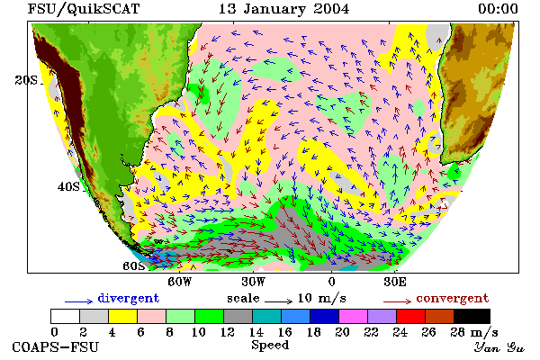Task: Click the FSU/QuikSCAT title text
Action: [84, 9]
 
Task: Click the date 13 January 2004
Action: [283, 9]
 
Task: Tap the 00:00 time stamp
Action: [498, 9]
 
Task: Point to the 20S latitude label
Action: [26, 80]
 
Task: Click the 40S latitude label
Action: [68, 186]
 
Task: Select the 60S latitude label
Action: [134, 266]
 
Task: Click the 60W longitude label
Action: [179, 282]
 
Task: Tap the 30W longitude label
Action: [254, 282]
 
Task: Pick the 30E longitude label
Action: [395, 282]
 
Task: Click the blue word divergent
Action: [128, 298]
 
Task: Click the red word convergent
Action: [452, 298]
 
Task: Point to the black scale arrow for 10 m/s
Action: [279, 301]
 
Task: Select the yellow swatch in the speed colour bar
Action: [122, 316]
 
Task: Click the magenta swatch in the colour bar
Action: [354, 316]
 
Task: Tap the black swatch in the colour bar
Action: [472, 316]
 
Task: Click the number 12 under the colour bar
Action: [228, 332]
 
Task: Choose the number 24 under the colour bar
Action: [400, 332]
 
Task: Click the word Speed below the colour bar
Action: [270, 345]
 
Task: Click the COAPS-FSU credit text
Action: [56, 346]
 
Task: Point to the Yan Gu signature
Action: [499, 347]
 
